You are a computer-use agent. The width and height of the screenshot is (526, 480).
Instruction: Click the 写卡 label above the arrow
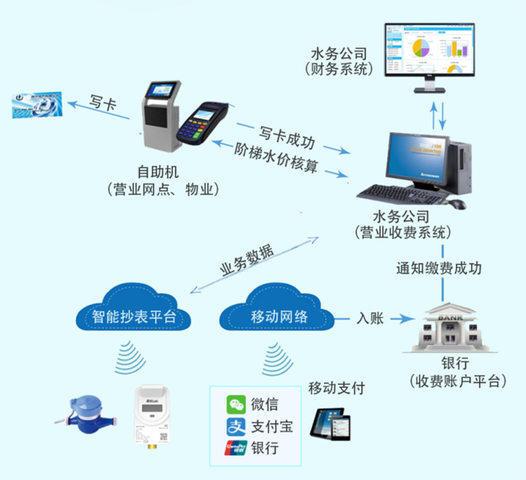pos(103,101)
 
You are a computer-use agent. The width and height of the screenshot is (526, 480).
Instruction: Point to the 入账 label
pos(370,318)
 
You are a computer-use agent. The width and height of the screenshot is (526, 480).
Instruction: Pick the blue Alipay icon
pos(235,427)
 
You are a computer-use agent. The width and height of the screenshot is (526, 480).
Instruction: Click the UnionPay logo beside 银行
pos(235,448)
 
